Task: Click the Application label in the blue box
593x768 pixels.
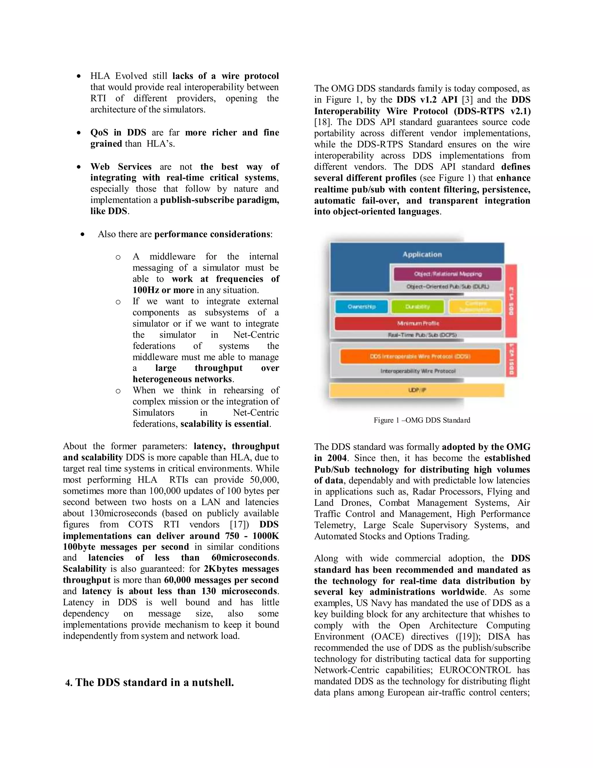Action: tap(422, 254)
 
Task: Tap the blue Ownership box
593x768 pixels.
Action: tap(361, 307)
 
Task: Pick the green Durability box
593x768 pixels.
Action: tap(417, 307)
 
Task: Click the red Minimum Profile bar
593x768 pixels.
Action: tap(418, 323)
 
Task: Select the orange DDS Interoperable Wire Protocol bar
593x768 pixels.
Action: tap(420, 356)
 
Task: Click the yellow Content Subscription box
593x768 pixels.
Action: tap(476, 307)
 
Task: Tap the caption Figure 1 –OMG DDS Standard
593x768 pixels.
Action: tap(422, 420)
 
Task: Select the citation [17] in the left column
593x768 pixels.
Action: tap(239, 525)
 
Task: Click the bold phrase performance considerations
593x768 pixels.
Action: tap(212, 234)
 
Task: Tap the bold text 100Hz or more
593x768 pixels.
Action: tap(163, 290)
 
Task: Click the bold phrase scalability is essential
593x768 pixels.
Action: tap(225, 424)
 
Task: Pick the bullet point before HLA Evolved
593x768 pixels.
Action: tap(79, 76)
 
